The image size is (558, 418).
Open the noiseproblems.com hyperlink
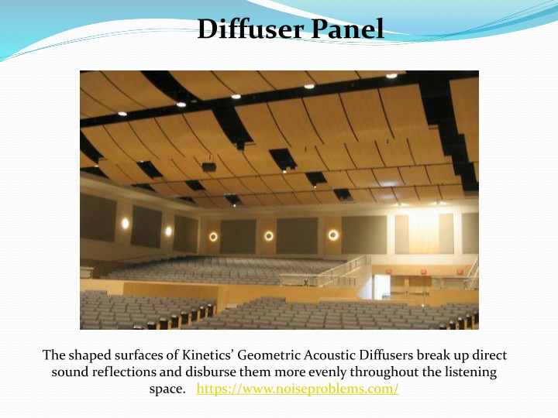pyautogui.click(x=298, y=389)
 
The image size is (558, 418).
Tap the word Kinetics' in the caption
pyautogui.click(x=208, y=355)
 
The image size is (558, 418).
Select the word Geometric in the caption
pyautogui.click(x=269, y=355)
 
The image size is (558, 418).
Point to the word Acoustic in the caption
pyautogui.click(x=329, y=355)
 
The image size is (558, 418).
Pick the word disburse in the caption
pyautogui.click(x=211, y=372)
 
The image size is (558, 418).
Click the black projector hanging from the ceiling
pyautogui.click(x=209, y=166)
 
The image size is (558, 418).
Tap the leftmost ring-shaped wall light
pyautogui.click(x=213, y=237)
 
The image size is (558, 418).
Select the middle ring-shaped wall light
pyautogui.click(x=269, y=235)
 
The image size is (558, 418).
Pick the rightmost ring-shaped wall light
pyautogui.click(x=333, y=235)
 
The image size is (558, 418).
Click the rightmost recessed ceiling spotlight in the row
pyautogui.click(x=391, y=76)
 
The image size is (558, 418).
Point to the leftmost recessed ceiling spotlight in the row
pyautogui.click(x=122, y=114)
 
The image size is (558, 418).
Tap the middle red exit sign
pyautogui.click(x=423, y=272)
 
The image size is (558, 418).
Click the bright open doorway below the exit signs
pyautogui.click(x=382, y=287)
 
